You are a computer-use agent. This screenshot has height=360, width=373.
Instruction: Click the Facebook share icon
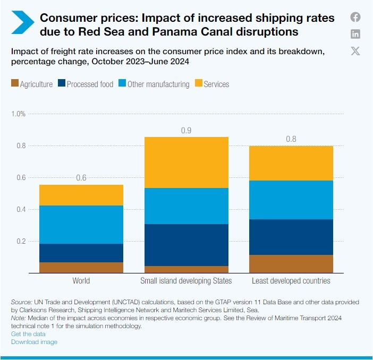click(355, 17)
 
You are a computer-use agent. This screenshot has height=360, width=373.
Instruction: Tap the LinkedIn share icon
click(355, 34)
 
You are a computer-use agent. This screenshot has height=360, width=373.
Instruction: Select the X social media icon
click(355, 51)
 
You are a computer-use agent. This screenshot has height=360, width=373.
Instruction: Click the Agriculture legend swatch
click(15, 84)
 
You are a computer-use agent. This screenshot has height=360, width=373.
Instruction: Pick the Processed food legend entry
click(86, 84)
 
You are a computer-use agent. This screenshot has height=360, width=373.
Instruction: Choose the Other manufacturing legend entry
click(154, 84)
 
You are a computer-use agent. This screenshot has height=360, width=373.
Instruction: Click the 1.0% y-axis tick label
click(19, 114)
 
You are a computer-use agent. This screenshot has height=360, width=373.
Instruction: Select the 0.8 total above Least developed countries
click(291, 140)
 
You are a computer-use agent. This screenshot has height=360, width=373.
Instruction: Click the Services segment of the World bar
click(81, 195)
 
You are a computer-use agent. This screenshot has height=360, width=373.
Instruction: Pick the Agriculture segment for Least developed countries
click(291, 264)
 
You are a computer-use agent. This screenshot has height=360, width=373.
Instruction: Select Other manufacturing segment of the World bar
click(81, 225)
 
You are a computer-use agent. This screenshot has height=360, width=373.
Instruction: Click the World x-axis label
click(81, 281)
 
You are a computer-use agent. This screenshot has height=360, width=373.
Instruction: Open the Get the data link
click(28, 334)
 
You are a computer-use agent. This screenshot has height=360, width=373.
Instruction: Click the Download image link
click(34, 342)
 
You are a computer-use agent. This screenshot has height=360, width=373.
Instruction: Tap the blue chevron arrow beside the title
click(22, 24)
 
